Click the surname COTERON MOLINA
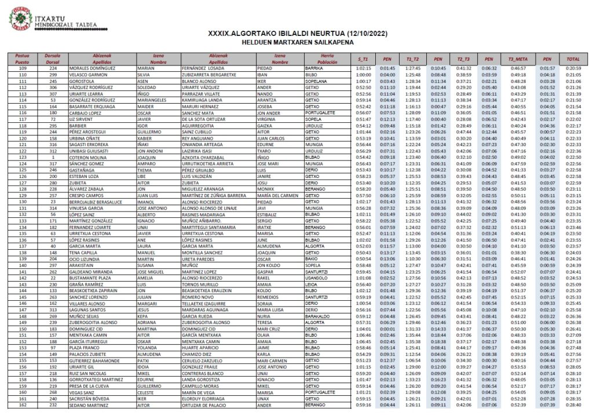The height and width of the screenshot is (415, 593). (87, 157)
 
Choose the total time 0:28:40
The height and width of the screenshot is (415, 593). (573, 405)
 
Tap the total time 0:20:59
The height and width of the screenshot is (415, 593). (573, 68)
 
